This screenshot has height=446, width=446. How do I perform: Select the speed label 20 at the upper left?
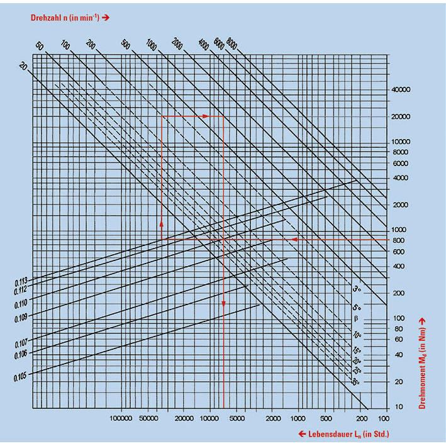click(x=23, y=67)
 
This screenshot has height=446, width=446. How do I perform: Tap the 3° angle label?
click(x=356, y=289)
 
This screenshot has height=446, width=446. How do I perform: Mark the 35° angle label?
click(x=355, y=381)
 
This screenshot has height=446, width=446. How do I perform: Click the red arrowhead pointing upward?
click(x=162, y=223)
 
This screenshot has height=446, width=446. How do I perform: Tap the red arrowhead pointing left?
click(x=293, y=240)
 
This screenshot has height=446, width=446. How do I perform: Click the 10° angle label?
click(x=356, y=335)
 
